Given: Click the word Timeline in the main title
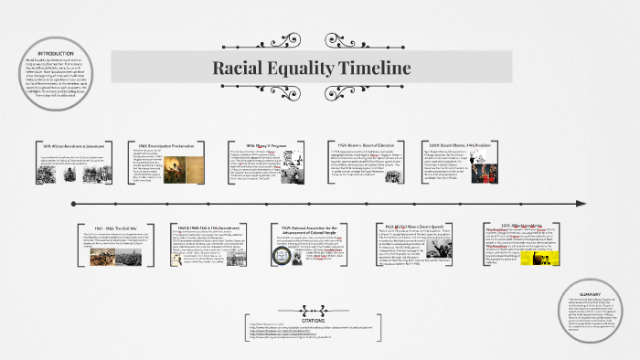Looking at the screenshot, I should (x=369, y=68).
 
